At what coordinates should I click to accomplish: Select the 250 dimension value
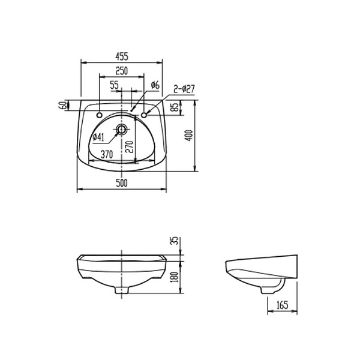pos(121,71)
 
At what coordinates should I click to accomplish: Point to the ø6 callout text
pos(154,85)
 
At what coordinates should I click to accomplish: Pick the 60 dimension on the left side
pos(62,106)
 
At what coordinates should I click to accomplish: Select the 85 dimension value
pos(175,109)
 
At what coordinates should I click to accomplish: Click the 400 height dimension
pos(190,136)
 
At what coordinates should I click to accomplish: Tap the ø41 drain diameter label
pos(98,137)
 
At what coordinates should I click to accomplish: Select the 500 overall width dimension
pos(122,184)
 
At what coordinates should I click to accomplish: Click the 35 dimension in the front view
pos(175,241)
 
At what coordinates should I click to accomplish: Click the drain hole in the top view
pos(122,128)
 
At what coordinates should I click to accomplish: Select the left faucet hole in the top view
pos(100,112)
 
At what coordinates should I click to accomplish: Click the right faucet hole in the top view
pos(145,112)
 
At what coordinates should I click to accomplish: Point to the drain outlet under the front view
pos(122,290)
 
